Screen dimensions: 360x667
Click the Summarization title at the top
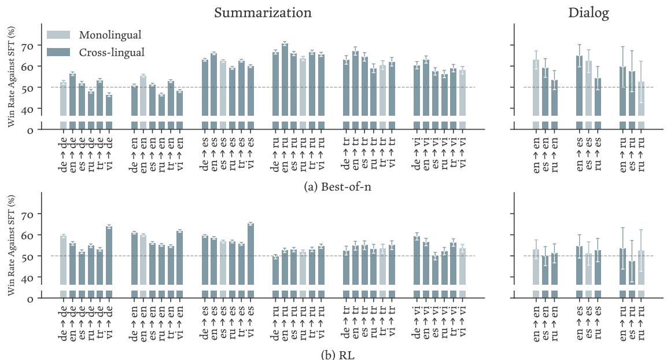point(263,13)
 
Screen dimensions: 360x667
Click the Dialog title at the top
point(588,13)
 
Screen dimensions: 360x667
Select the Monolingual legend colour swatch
point(58,35)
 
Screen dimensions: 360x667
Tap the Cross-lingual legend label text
point(112,52)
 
